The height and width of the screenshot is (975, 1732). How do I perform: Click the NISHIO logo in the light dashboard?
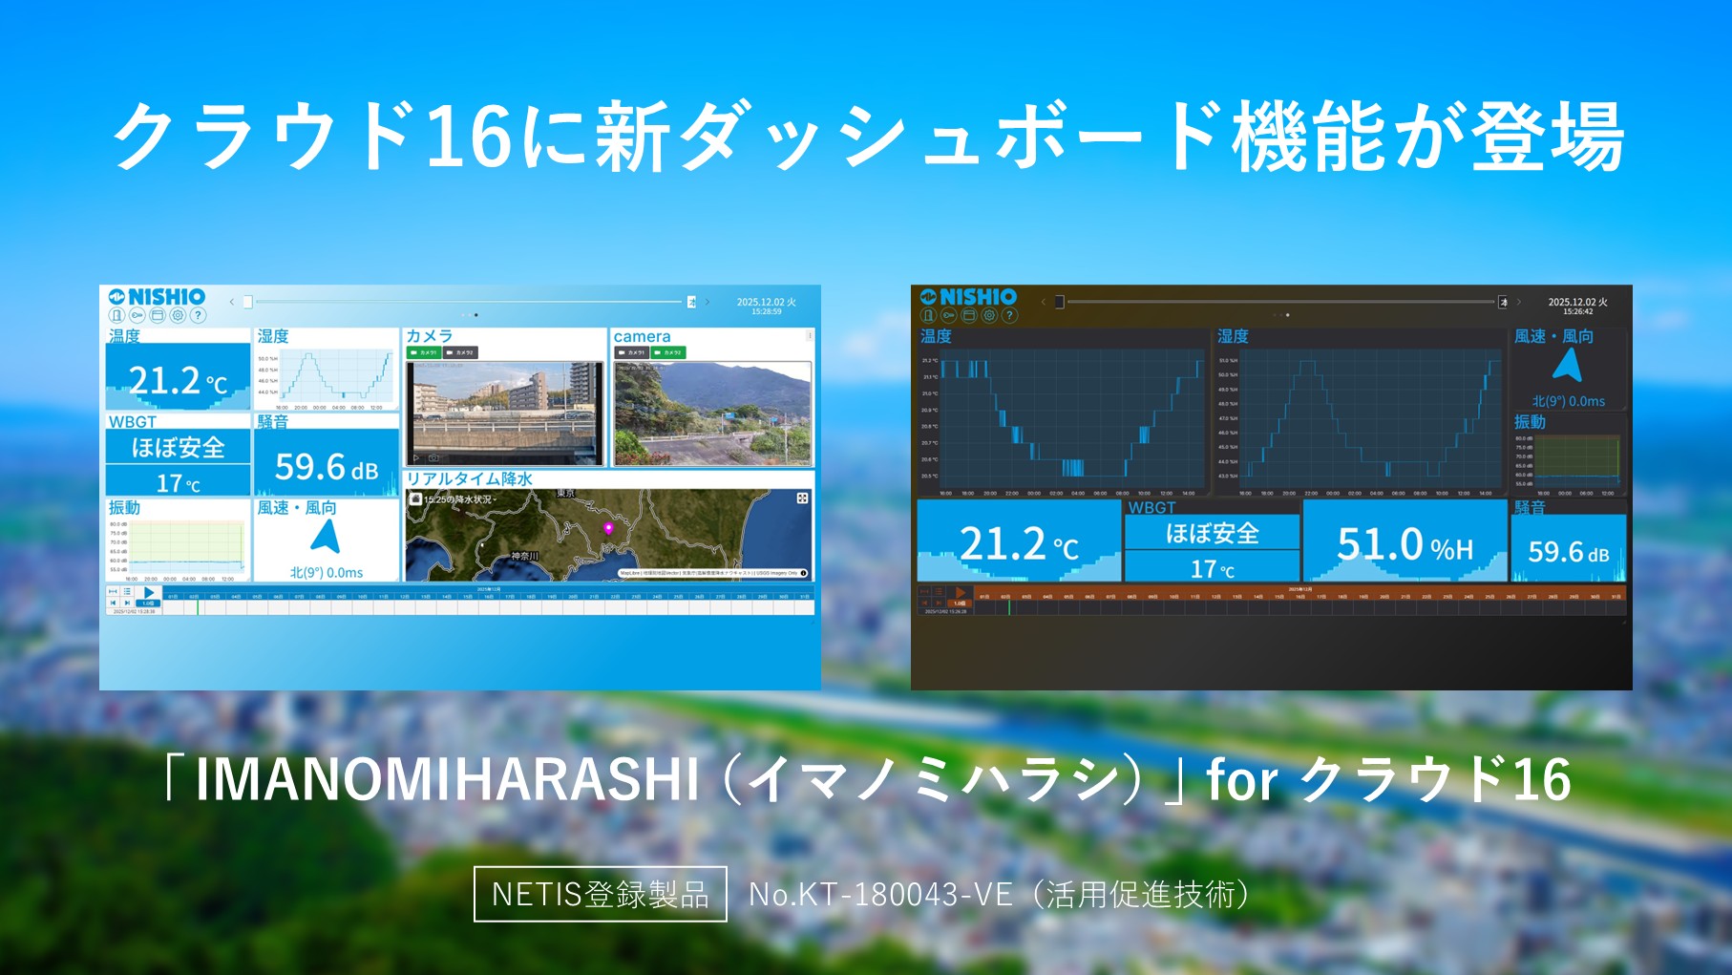click(x=158, y=297)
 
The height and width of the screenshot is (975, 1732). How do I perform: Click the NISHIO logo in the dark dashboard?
click(x=969, y=297)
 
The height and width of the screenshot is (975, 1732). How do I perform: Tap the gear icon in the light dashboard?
click(x=178, y=315)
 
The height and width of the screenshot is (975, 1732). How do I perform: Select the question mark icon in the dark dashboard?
click(x=1009, y=315)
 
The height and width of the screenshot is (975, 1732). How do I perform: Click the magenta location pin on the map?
click(x=608, y=528)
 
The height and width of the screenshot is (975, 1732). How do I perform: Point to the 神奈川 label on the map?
click(x=524, y=556)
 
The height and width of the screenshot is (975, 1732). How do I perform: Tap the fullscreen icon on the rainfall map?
click(x=802, y=498)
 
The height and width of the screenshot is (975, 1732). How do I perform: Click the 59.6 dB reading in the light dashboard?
click(x=327, y=467)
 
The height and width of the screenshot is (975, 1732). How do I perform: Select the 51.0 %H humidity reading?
click(x=1405, y=545)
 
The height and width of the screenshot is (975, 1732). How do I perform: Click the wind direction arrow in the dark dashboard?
click(x=1567, y=365)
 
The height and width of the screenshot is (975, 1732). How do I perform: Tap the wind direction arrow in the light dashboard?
click(x=326, y=537)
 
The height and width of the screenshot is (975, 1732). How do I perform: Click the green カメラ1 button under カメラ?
click(x=423, y=352)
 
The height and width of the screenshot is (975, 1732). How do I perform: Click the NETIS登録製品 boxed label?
click(x=600, y=894)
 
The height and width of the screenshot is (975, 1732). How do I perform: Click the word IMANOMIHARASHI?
click(x=447, y=779)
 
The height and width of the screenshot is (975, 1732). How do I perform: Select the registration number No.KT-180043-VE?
click(x=880, y=894)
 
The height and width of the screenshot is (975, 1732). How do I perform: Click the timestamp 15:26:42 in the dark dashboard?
click(x=1577, y=311)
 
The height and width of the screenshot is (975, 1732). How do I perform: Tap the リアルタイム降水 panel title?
click(x=470, y=478)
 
